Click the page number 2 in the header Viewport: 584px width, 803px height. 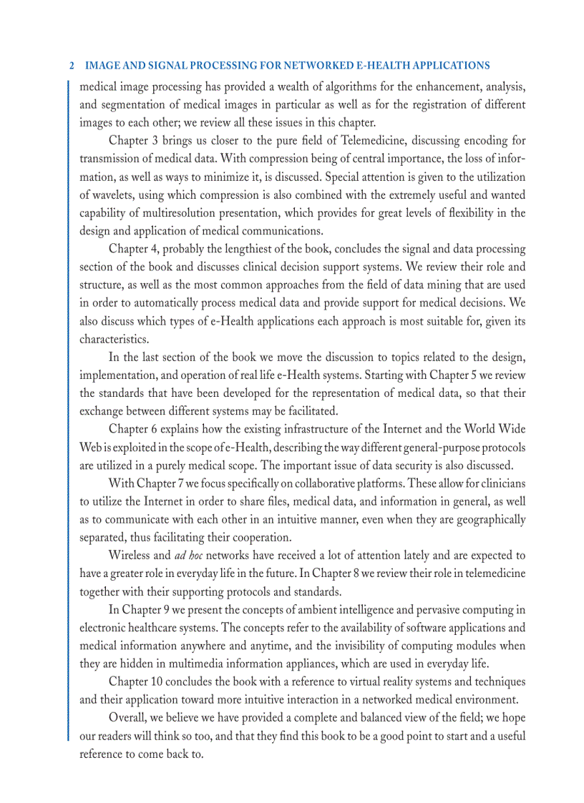pos(72,66)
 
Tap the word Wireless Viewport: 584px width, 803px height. pos(130,555)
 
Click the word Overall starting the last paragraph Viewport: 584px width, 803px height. pos(128,717)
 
